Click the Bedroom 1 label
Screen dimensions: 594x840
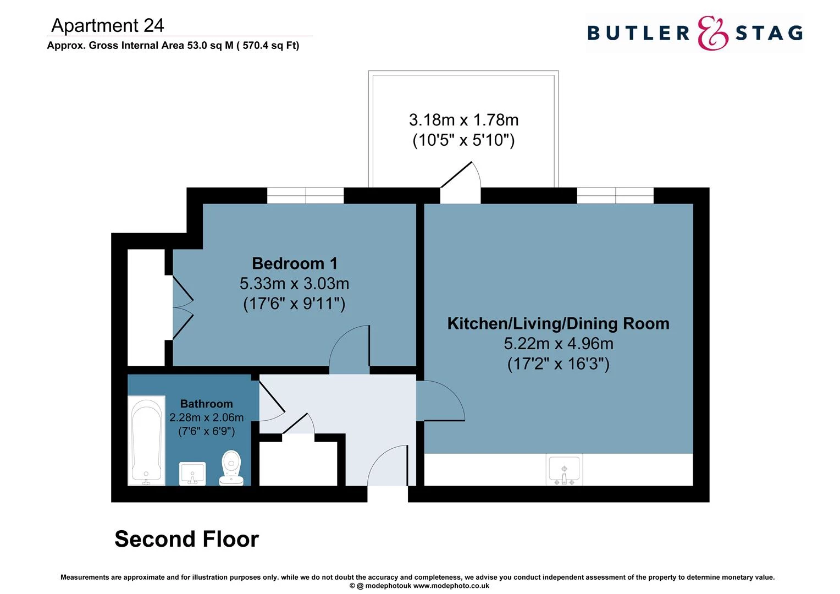pos(294,263)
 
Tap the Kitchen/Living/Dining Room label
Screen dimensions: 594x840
pos(558,323)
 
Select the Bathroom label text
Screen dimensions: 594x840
pos(206,404)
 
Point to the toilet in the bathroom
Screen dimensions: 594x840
pos(231,468)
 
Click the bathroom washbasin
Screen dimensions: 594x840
pos(192,474)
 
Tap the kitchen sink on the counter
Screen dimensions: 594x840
pos(564,470)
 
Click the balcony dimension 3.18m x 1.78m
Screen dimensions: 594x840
pos(463,120)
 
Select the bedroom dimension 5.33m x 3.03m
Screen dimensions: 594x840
pos(294,284)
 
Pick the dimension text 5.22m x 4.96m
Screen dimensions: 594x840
pos(558,344)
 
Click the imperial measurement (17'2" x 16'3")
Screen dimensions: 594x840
pos(558,364)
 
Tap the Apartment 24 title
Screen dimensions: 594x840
pos(108,25)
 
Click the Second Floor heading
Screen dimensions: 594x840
pos(186,539)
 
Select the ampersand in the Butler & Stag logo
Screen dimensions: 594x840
pos(712,33)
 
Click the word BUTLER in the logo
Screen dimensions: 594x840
pos(638,33)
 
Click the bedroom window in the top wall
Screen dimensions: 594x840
pos(305,195)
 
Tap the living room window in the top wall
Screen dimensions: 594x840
pos(615,195)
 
